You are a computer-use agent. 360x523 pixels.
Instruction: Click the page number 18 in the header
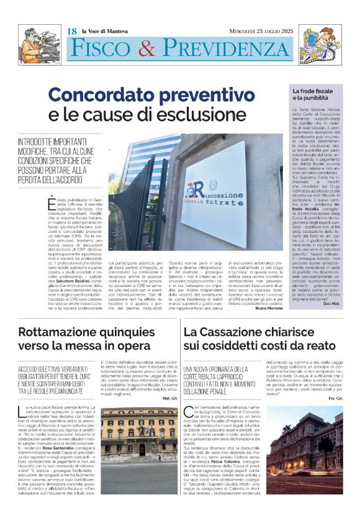click(72, 31)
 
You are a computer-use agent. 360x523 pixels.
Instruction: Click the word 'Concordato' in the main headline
click(105, 96)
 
